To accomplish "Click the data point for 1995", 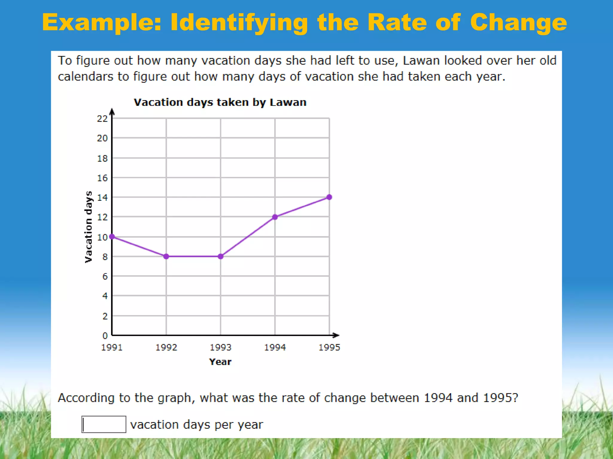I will coord(329,197).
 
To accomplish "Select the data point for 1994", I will coord(275,217).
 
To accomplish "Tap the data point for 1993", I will coord(221,256).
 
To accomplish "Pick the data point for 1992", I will coord(166,256).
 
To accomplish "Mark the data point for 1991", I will coord(112,237).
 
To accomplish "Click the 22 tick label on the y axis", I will coord(102,119).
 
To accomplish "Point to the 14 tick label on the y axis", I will coord(102,198).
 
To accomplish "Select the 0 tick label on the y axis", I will coord(105,336).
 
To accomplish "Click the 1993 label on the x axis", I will coord(221,347).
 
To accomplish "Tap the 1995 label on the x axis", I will coord(329,347).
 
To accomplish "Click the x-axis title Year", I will coord(220,362).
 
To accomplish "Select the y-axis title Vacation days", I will coord(88,227).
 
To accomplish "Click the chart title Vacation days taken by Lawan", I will coord(220,102).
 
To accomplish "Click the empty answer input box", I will coord(104,424).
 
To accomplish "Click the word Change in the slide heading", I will coord(518,23).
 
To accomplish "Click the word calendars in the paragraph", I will coord(85,77).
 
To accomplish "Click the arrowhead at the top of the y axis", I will coord(112,112).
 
